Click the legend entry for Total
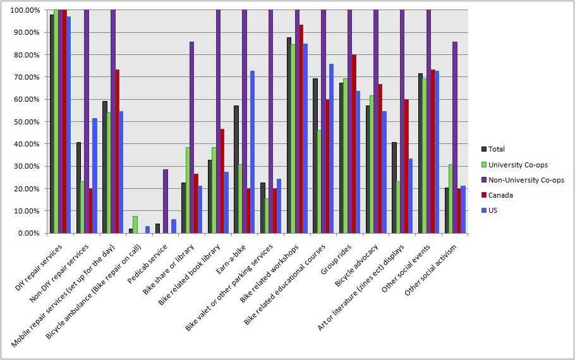coord(496,149)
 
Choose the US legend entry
coord(493,210)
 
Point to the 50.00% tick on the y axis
coord(23,122)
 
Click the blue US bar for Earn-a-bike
coord(253,152)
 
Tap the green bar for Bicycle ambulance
coord(135,225)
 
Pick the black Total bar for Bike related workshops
coord(289,136)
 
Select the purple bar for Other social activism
coord(455,138)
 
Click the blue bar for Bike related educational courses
coord(332,149)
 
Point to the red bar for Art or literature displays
coord(406,167)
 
